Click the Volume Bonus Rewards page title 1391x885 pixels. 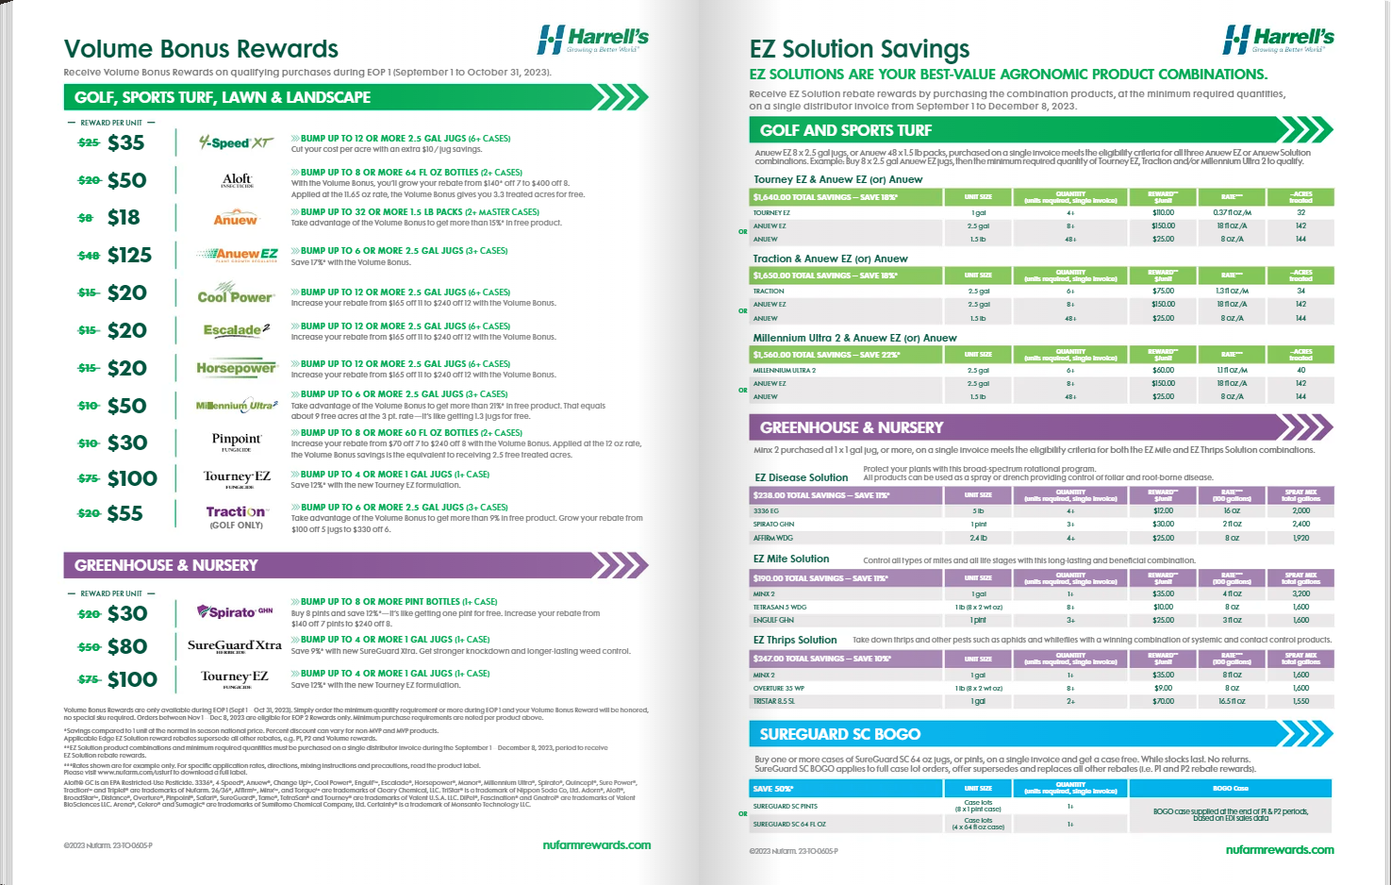201,49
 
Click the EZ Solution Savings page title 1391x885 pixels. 859,49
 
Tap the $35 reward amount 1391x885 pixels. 125,142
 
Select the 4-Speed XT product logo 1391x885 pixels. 236,142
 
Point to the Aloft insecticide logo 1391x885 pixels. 237,179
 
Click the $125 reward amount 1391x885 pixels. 129,255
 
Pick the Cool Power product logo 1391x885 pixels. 236,294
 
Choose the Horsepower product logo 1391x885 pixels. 236,368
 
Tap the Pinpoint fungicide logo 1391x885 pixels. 237,441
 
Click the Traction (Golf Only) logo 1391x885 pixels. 236,515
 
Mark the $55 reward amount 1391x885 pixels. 125,513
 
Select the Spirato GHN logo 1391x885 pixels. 235,612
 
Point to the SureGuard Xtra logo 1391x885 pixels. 235,646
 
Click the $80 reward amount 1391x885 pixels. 127,646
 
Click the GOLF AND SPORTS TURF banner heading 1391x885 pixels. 845,130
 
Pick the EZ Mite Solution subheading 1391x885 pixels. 790,559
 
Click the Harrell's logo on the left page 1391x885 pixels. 592,40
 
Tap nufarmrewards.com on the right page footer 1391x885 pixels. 1280,849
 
